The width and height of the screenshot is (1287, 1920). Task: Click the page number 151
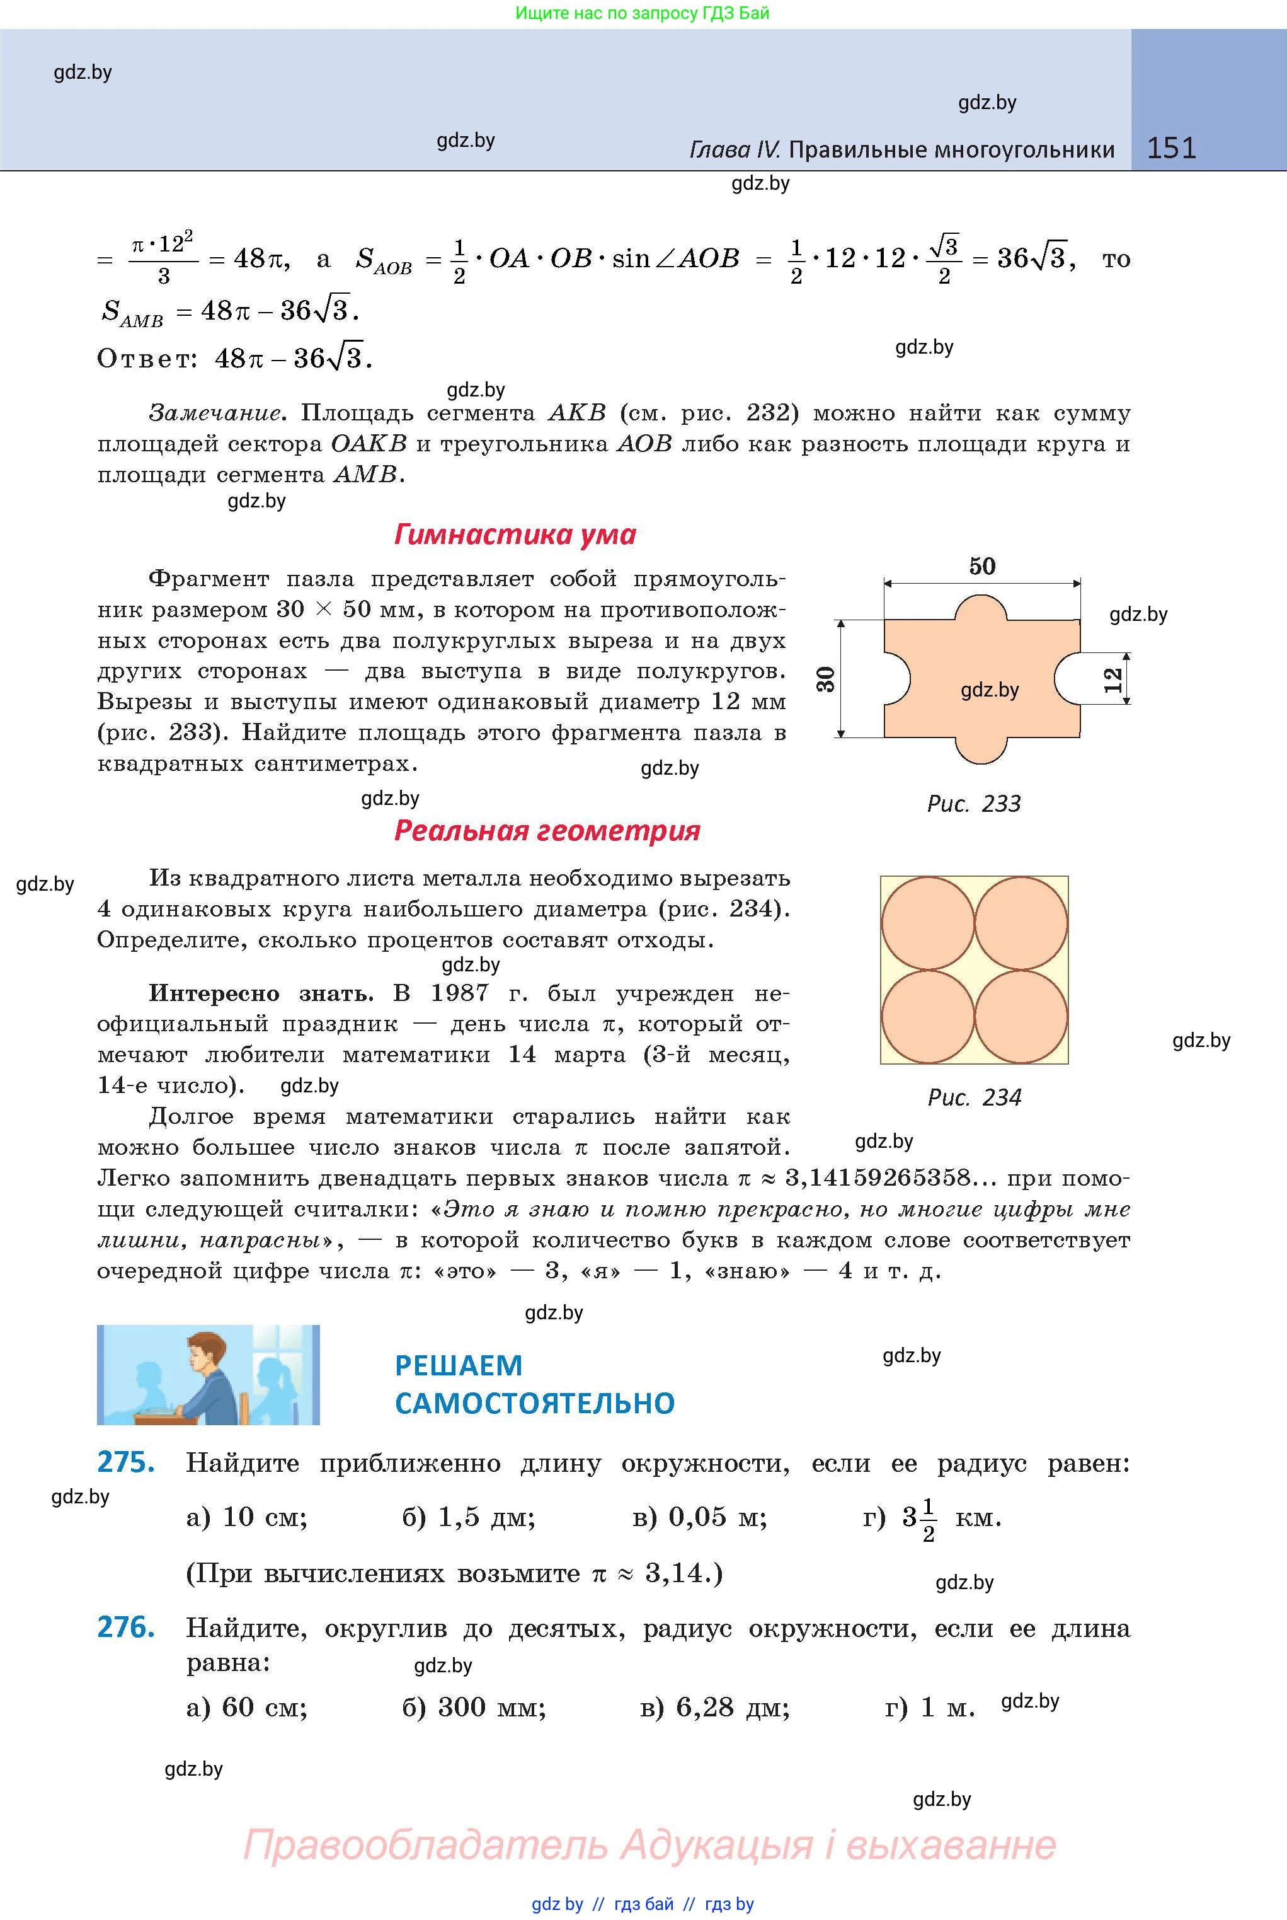pos(1171,148)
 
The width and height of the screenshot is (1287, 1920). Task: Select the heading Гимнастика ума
pos(515,535)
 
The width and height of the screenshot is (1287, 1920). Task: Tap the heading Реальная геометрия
pos(547,830)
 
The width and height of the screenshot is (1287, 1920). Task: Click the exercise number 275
pos(125,1462)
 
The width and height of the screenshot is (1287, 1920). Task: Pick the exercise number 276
pos(125,1627)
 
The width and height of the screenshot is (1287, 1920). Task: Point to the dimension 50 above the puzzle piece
pos(981,567)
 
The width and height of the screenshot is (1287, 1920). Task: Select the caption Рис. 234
pos(975,1097)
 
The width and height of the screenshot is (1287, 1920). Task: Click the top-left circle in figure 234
pos(927,923)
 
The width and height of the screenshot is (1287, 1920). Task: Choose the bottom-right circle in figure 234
pos(1021,1017)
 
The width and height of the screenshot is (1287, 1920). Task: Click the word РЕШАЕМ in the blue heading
pos(458,1365)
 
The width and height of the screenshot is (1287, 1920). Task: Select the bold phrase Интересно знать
pos(260,993)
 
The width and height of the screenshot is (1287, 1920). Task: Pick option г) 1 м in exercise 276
pos(930,1708)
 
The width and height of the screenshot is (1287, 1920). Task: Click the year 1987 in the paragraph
pos(460,993)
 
